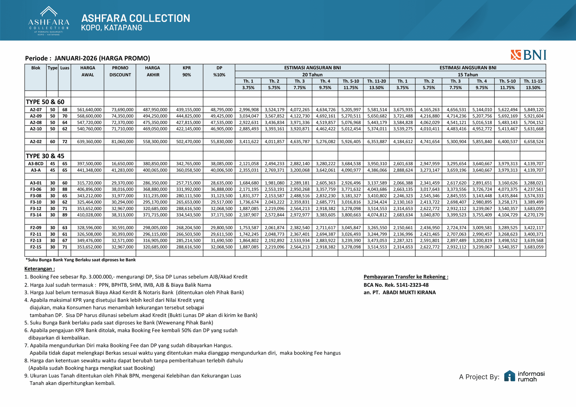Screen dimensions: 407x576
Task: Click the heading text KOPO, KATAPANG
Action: [111, 28]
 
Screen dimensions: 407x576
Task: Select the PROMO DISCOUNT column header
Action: [120, 71]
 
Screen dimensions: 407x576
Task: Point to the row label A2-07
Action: [36, 110]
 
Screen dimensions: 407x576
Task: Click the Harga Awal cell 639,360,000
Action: [89, 142]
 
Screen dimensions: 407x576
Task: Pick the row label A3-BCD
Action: [36, 164]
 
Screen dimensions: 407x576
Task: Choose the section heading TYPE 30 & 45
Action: [45, 156]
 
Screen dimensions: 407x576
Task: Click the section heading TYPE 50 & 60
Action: [45, 102]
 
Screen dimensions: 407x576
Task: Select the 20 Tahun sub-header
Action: [312, 75]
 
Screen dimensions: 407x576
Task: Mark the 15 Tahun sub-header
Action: [468, 75]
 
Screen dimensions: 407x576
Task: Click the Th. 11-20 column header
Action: [376, 81]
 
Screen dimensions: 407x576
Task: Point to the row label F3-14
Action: [36, 215]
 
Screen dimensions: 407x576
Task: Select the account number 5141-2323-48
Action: [412, 285]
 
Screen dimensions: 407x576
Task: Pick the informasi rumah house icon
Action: [509, 376]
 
